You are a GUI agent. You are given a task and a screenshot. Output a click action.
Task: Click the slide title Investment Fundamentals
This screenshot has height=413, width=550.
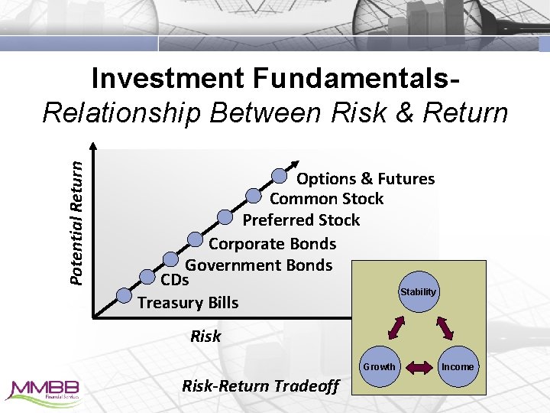[275, 79]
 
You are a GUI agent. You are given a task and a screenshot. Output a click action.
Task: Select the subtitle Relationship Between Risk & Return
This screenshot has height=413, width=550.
[275, 112]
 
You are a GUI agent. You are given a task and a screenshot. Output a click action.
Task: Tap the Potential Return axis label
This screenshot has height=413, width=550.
[77, 216]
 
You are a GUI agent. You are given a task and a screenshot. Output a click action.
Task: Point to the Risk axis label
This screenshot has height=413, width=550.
[205, 336]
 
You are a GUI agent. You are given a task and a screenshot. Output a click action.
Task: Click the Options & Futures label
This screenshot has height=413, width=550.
[365, 179]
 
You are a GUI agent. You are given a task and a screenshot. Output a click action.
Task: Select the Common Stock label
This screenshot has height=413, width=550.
[326, 199]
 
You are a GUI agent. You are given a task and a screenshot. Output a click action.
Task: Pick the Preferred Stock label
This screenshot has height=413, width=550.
[301, 220]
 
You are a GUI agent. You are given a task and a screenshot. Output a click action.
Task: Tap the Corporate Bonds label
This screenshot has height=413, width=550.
[272, 244]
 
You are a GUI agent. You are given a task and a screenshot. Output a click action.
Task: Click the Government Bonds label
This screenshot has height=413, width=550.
[259, 265]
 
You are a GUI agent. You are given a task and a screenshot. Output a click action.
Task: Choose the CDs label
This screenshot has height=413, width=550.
[175, 280]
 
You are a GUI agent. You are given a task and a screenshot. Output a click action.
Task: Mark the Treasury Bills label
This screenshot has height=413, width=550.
[188, 303]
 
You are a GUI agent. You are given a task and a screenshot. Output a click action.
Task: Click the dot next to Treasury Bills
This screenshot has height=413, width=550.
[123, 295]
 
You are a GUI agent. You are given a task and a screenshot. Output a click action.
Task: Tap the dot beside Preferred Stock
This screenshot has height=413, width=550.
[225, 217]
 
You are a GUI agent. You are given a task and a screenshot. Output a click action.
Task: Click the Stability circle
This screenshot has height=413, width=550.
[418, 292]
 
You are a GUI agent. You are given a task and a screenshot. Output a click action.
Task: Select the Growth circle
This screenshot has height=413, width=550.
[379, 366]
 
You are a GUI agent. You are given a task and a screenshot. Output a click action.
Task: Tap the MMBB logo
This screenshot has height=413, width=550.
[42, 390]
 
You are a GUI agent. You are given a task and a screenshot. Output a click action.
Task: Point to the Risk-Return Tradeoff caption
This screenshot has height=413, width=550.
[260, 386]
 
